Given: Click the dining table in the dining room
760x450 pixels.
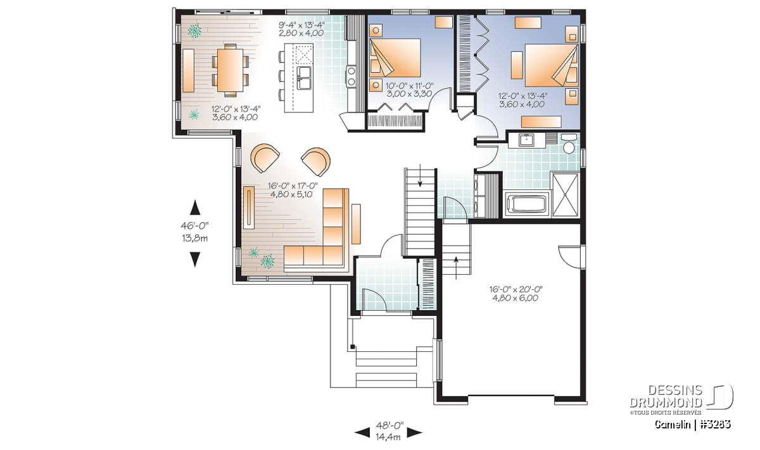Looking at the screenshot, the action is click(230, 70).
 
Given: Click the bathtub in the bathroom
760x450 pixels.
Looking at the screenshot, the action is click(527, 204).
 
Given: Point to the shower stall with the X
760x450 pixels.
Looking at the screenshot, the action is click(565, 195).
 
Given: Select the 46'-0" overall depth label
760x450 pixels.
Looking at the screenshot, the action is click(194, 225).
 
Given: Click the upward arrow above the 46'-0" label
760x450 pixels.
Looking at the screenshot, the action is click(195, 208).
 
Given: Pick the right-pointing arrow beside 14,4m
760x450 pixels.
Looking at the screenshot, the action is click(414, 432).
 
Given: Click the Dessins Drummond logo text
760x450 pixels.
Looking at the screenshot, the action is click(666, 396).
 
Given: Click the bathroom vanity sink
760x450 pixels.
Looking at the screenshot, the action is click(526, 140).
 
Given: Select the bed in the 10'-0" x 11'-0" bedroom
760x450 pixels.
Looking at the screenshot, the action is click(395, 58).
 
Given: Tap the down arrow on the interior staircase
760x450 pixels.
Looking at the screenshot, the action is click(421, 175).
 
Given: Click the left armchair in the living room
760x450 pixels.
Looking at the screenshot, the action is click(265, 158).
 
